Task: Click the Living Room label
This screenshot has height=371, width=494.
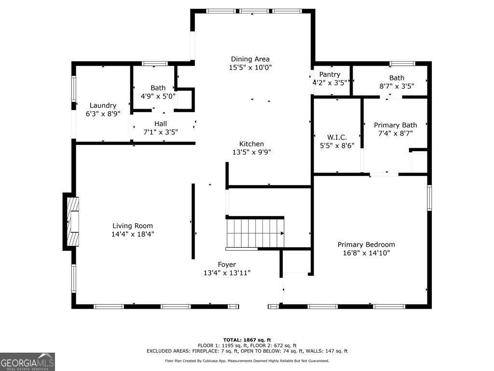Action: (x=133, y=226)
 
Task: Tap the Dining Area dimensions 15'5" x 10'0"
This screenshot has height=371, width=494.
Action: (x=250, y=67)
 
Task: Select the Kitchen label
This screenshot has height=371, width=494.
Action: (x=251, y=144)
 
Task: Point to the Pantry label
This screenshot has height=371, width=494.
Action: (x=329, y=74)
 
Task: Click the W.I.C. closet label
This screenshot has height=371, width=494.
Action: (x=337, y=137)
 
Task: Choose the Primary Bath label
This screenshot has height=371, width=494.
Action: (x=396, y=125)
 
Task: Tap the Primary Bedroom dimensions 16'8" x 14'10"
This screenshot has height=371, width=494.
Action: (x=366, y=253)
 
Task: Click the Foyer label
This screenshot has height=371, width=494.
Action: (x=227, y=265)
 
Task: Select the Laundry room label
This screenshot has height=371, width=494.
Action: (x=103, y=105)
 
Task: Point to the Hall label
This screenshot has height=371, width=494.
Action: (x=161, y=124)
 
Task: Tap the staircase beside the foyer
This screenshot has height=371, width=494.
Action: (x=255, y=233)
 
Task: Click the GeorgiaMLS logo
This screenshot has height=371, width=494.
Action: (x=27, y=362)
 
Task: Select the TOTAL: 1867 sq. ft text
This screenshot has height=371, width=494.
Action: (x=247, y=340)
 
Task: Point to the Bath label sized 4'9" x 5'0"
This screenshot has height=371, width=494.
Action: (x=158, y=88)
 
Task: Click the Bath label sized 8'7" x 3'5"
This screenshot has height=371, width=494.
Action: (x=397, y=78)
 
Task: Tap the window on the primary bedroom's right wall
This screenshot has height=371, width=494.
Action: (x=429, y=198)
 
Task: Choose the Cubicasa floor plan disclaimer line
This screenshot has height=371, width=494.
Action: (x=247, y=360)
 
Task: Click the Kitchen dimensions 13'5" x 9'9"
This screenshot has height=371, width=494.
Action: (x=251, y=152)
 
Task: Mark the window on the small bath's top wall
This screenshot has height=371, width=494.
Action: (x=155, y=63)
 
